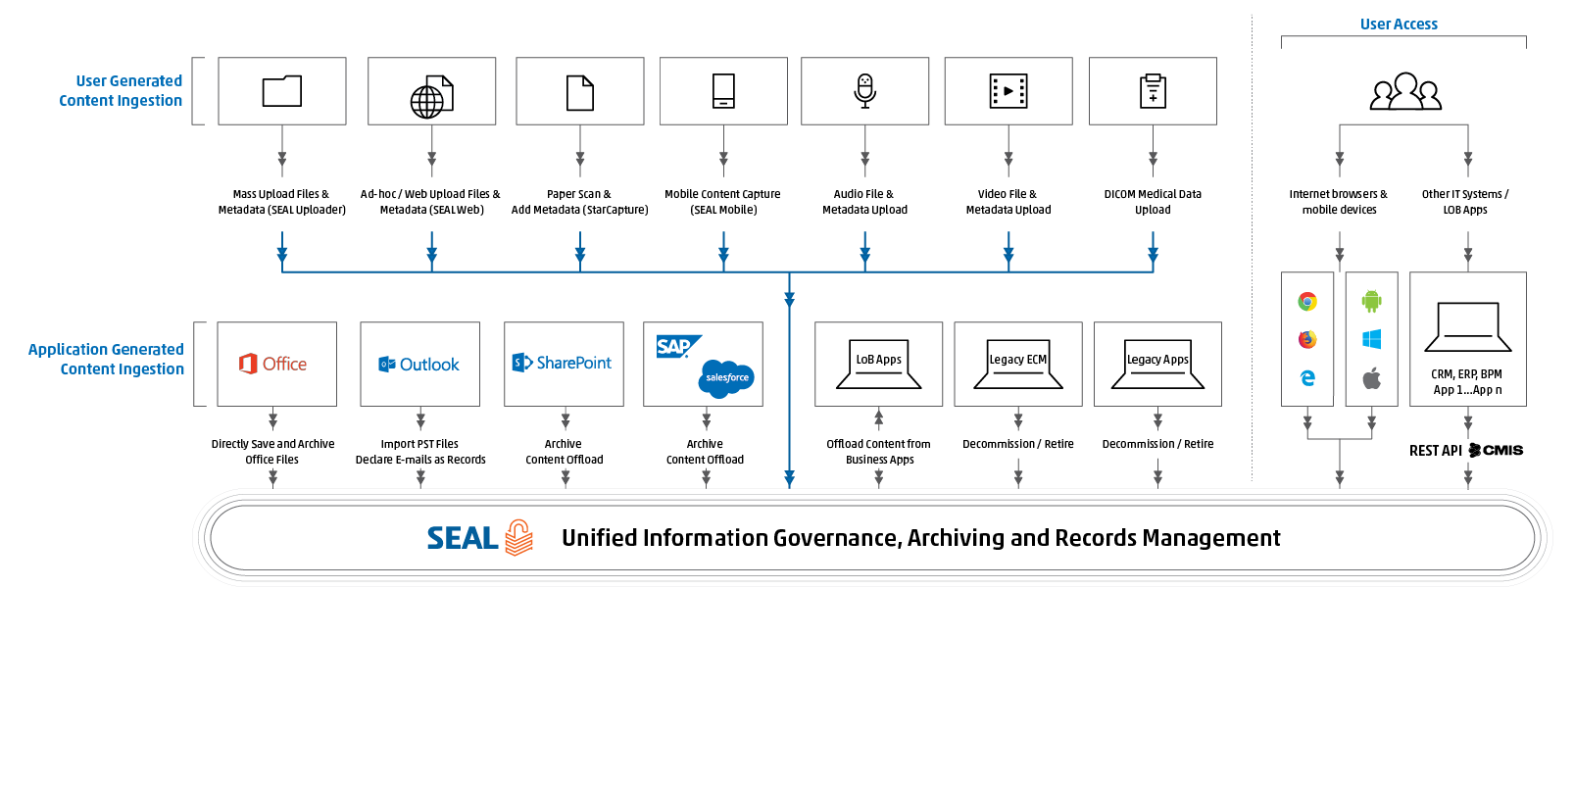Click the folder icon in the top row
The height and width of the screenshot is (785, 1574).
click(282, 91)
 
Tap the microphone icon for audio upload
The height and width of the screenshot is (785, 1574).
click(864, 90)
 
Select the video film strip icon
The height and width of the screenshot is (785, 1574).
click(1008, 91)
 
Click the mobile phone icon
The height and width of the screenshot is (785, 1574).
click(723, 91)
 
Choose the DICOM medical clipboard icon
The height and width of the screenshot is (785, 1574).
click(1153, 91)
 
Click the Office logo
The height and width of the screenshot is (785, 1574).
click(274, 364)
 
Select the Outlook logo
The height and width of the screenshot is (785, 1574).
click(419, 365)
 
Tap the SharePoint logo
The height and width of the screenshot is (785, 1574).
click(563, 363)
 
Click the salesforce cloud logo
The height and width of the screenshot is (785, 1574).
click(727, 377)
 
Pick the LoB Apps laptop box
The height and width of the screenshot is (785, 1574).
click(878, 364)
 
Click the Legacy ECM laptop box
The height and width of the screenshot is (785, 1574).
click(1017, 364)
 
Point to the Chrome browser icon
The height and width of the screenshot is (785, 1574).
click(1307, 302)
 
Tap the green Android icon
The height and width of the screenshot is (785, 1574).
click(1371, 301)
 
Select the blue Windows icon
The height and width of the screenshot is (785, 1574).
click(1371, 339)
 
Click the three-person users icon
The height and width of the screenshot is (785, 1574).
click(1404, 92)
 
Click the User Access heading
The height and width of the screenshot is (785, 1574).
click(1399, 25)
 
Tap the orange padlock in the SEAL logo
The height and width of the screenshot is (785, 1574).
click(518, 538)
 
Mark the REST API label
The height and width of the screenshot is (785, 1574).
click(1436, 451)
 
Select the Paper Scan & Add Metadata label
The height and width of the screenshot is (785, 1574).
click(579, 202)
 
